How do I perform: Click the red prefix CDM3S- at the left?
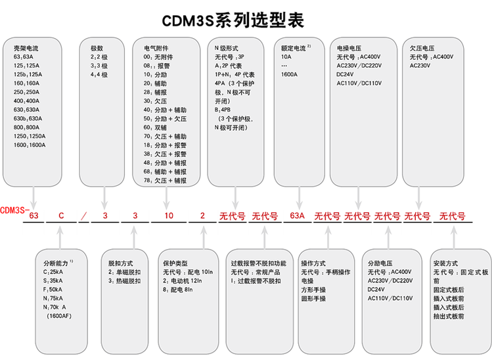14,210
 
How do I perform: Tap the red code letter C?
62,215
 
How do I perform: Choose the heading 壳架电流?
26,48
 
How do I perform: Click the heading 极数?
97,48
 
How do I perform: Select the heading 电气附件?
156,48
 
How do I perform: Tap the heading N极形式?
226,48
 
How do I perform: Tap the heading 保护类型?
177,262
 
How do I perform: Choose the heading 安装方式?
445,262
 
